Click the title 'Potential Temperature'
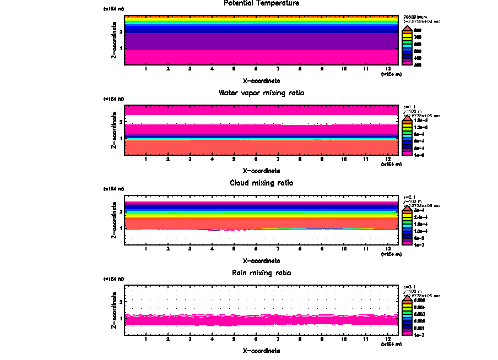262,3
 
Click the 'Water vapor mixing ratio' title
262,93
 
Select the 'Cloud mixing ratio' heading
262,183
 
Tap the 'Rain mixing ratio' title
262,273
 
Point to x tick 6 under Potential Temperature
256,69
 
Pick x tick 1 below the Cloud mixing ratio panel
145,249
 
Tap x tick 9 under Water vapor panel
322,159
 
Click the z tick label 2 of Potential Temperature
121,32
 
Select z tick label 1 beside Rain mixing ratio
121,319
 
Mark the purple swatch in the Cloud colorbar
408,238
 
